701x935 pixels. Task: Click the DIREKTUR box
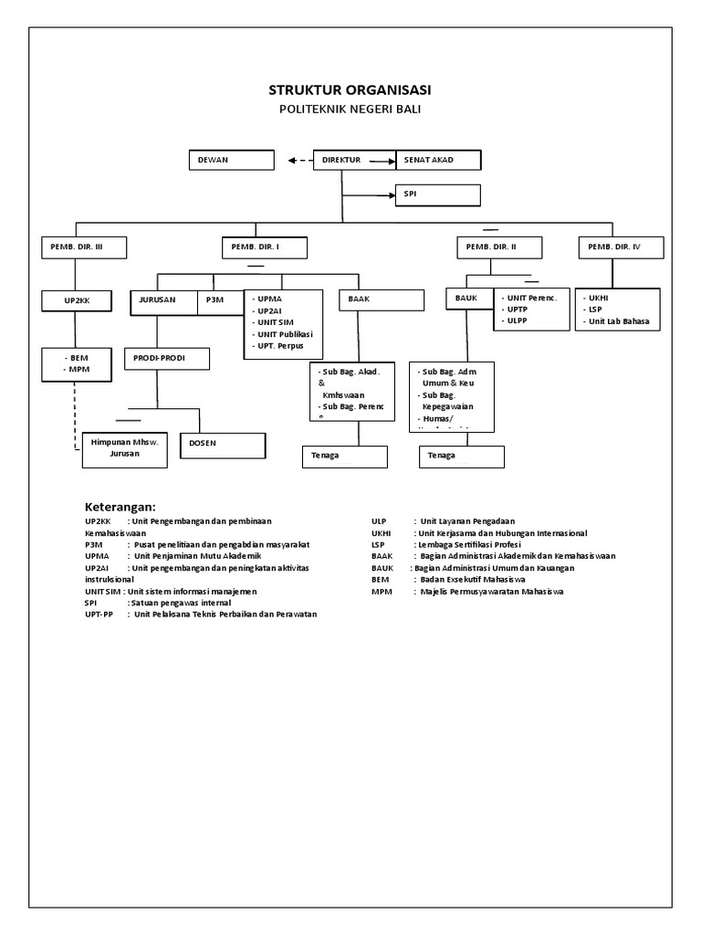(355, 160)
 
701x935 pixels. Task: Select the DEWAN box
(232, 160)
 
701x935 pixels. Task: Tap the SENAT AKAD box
(438, 160)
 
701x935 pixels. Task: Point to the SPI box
(437, 194)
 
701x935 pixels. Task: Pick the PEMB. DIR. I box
(265, 247)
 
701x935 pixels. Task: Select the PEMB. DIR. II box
(499, 247)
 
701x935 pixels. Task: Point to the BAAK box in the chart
(382, 300)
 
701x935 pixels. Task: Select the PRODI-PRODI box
(167, 358)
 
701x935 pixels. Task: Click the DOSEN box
(223, 445)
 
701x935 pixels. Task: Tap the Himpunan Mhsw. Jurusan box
(124, 448)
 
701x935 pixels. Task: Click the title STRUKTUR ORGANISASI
(350, 89)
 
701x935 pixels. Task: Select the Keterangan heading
(120, 507)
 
